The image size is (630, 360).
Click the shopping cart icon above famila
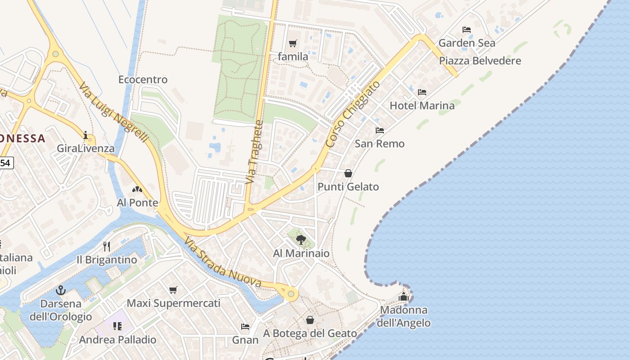point(293,44)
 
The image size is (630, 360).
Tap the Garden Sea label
point(467,43)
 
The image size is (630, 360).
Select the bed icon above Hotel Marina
point(422,92)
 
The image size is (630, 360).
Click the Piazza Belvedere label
point(480,61)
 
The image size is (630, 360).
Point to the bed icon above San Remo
point(380,130)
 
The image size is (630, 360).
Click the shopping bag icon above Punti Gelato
point(348,173)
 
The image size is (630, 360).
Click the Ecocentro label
point(143,80)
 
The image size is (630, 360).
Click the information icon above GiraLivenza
point(85,135)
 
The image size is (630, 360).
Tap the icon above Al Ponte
point(137,189)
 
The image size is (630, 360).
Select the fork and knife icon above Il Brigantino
point(107,246)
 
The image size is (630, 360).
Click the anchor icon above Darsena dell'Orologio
point(61,290)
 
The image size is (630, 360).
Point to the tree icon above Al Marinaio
point(301,240)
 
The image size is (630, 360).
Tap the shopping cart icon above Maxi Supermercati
point(173,290)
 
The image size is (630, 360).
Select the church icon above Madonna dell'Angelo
point(404,297)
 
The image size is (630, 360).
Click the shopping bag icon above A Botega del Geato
point(310,320)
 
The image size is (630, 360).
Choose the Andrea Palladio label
point(118,340)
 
